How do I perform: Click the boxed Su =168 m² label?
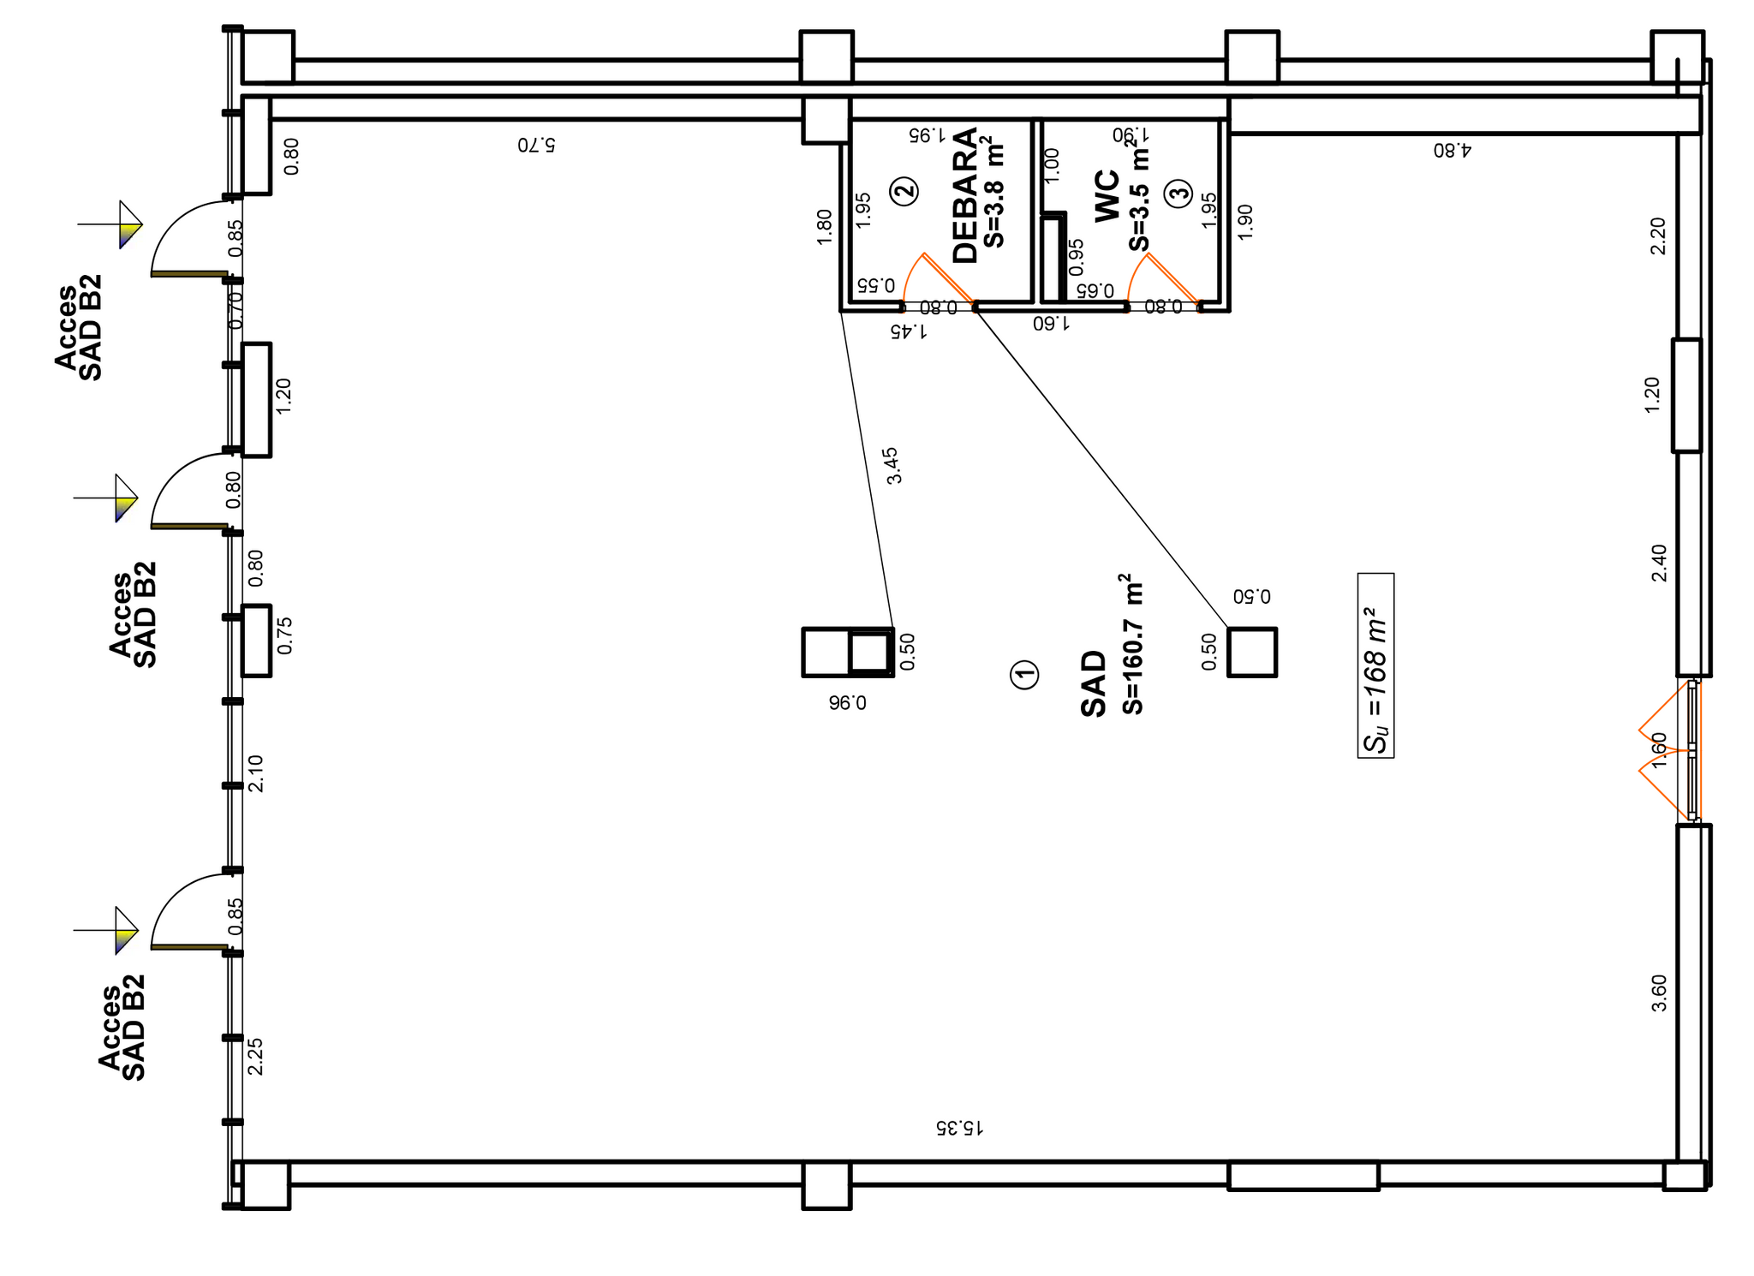1375,665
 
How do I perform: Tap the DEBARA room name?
965,195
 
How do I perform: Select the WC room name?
1107,196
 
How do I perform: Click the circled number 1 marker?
1024,675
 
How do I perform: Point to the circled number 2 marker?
904,190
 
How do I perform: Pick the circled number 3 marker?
1179,193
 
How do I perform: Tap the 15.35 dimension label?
959,1127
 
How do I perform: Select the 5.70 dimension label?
536,144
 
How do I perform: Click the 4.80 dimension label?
1452,150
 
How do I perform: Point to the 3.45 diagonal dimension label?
893,465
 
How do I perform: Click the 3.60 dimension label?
1659,993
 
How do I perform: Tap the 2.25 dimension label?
255,1056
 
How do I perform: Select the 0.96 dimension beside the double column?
847,703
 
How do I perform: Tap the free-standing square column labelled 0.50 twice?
1252,653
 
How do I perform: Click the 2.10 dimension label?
255,772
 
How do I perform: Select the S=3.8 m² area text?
993,192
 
